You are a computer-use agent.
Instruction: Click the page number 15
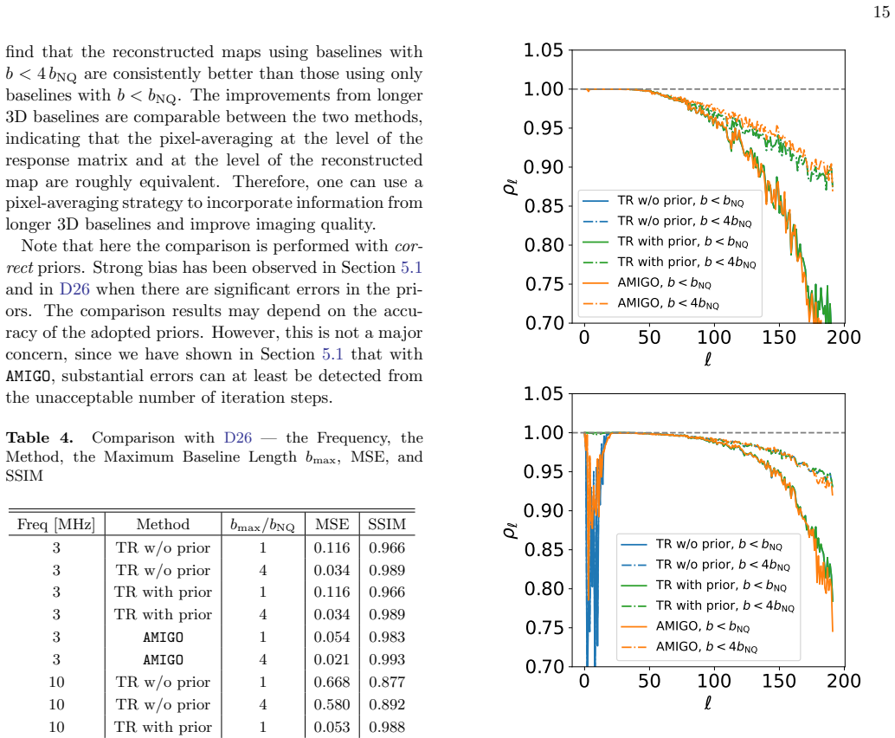coord(881,11)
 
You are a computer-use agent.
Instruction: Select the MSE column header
coord(332,524)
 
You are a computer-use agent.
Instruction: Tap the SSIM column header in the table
coord(387,524)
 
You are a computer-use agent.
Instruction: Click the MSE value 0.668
coord(332,682)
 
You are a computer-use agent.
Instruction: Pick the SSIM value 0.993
coord(387,659)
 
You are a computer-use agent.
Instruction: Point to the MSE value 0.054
coord(332,637)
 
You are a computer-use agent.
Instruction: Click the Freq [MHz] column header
coord(56,524)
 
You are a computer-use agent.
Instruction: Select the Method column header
coord(163,524)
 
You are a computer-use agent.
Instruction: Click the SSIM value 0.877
coord(387,682)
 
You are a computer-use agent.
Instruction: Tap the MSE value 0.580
coord(332,704)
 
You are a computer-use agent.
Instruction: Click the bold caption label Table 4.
coord(40,437)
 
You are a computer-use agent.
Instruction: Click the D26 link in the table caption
coord(238,437)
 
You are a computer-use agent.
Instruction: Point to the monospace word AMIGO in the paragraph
coord(28,376)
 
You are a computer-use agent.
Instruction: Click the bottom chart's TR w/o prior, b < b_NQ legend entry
coord(701,544)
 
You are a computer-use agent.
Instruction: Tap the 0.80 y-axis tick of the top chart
coord(544,245)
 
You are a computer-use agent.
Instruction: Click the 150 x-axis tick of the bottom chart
coord(779,681)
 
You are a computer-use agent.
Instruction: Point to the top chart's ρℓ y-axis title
coord(511,186)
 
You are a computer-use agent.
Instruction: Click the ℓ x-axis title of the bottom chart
coord(708,702)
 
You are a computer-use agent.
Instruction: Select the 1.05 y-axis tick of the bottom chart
coord(544,393)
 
